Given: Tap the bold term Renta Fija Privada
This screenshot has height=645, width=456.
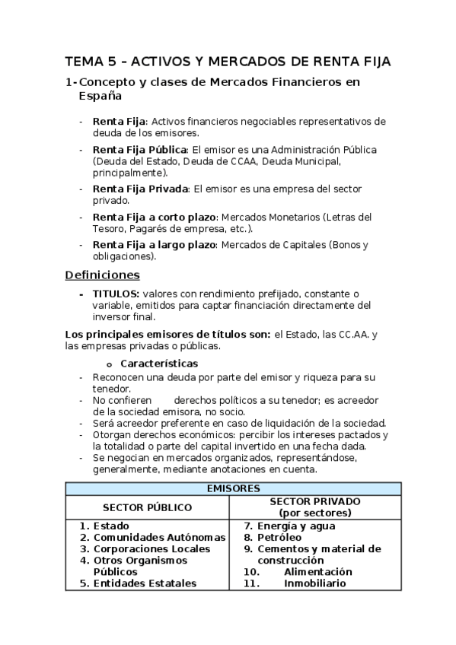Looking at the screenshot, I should pos(140,189).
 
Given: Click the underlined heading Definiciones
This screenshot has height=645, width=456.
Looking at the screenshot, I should pos(102,275).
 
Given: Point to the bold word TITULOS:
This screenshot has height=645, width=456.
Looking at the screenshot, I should pos(116,293).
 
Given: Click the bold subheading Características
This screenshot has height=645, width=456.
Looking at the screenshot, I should pos(159,364).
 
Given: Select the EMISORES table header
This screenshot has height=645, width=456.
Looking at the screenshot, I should pos(233,488).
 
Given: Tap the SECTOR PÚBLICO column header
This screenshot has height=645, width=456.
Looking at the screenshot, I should pos(147,507).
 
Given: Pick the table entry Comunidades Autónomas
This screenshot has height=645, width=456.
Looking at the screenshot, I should pos(159,537).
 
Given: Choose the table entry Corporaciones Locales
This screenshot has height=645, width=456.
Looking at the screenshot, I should pos(151,548).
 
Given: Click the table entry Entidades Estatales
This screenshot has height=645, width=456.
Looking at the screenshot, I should pos(145,583).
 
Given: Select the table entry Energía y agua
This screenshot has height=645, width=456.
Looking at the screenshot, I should pos(296,526).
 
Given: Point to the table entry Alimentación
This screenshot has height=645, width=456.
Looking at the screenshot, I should pos(317,571).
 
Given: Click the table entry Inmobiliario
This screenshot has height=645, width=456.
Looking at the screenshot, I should pos(314,583).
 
